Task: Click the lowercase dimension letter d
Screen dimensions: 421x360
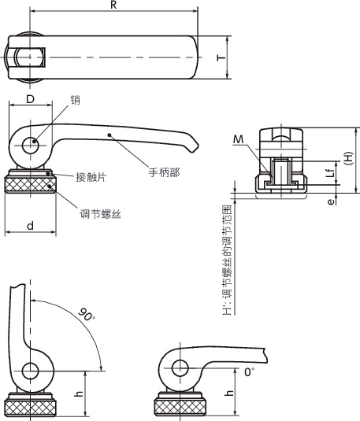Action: (x=30, y=226)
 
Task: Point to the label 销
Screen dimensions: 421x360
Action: (x=76, y=101)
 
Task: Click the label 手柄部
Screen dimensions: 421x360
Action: (x=162, y=172)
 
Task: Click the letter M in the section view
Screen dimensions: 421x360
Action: (x=239, y=139)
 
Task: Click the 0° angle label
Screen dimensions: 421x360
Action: (x=250, y=370)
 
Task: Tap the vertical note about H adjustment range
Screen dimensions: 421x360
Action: (x=227, y=260)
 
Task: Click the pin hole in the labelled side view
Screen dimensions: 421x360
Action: (x=32, y=146)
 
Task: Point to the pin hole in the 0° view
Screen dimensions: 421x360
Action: (x=179, y=366)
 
